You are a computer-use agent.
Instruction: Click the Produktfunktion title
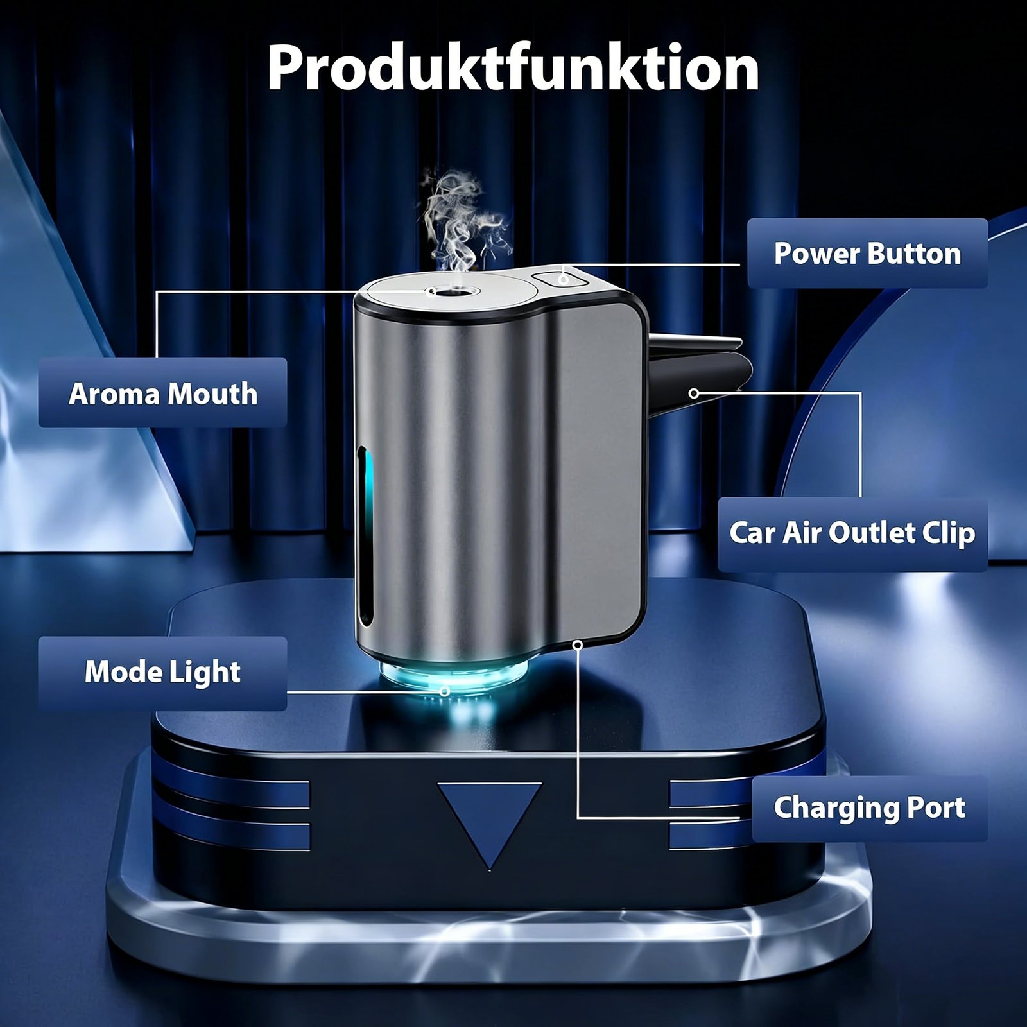tap(513, 69)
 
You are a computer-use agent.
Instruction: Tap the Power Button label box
tap(867, 253)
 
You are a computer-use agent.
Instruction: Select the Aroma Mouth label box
tap(162, 393)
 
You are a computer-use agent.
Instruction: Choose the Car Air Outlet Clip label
tap(852, 533)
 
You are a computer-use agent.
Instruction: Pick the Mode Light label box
tap(162, 673)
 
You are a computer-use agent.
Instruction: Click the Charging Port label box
tap(870, 808)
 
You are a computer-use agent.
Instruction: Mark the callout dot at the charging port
tap(578, 644)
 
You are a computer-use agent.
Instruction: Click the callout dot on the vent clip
tap(693, 393)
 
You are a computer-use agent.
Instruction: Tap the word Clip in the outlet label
tap(949, 533)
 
